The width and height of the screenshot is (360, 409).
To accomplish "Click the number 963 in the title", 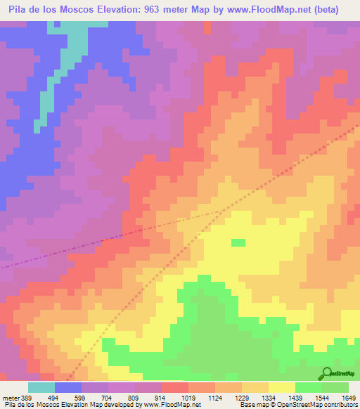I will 154,10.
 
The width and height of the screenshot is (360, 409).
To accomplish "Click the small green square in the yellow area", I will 238,242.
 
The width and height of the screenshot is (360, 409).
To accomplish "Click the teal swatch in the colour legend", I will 41,387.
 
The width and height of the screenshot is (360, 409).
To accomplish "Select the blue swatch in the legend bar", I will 67,387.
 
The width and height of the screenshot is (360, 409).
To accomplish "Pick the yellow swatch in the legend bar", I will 281,387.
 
